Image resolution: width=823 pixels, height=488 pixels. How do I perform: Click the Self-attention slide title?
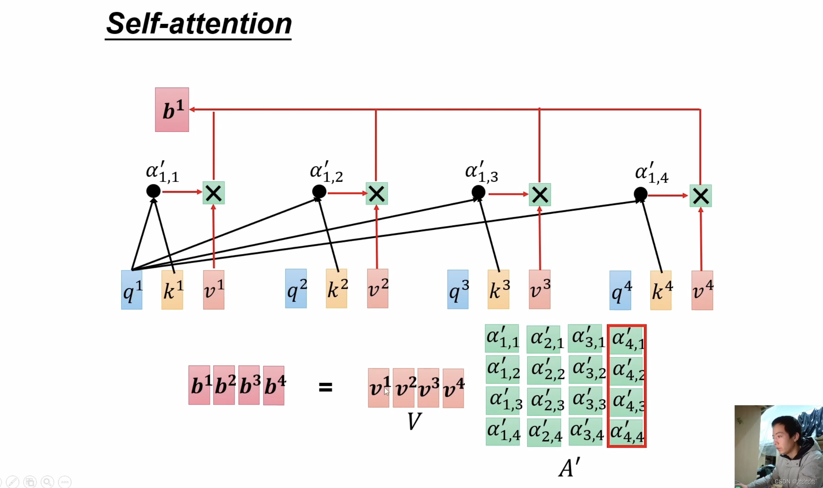pos(199,24)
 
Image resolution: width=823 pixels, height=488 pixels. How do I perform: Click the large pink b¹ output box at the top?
pos(172,110)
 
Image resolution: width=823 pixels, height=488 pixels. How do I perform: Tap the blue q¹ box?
pos(132,290)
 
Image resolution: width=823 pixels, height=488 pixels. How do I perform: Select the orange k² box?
pos(336,289)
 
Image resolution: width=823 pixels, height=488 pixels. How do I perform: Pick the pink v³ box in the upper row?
pos(539,289)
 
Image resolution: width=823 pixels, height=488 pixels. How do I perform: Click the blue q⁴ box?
pos(620,291)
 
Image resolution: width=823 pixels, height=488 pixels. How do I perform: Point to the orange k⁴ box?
pos(661,291)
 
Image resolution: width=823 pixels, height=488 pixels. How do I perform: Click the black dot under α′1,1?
pos(153,191)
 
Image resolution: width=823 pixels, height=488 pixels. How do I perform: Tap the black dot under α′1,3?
pos(478,192)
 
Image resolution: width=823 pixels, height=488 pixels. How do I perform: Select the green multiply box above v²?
pos(376,194)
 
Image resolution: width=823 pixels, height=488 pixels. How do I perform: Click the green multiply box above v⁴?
pos(700,196)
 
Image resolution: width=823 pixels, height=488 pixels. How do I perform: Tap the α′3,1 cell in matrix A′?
pos(585,339)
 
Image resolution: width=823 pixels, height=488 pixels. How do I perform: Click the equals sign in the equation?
pos(325,387)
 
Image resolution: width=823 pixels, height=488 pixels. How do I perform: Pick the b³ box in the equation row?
pos(249,385)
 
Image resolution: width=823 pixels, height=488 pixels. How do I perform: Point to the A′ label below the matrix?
pos(569,468)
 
